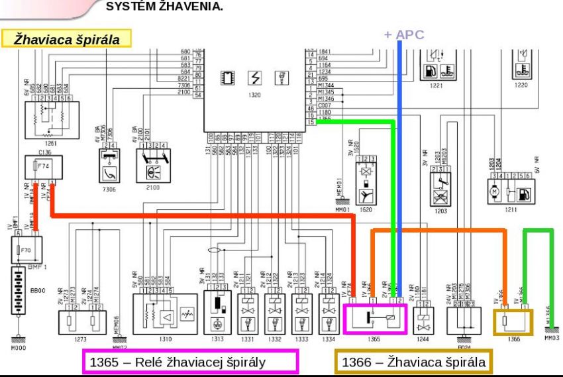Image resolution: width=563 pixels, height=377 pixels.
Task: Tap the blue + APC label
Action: coord(403,35)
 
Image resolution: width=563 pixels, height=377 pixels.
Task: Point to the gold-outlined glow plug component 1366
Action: coord(513,320)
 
